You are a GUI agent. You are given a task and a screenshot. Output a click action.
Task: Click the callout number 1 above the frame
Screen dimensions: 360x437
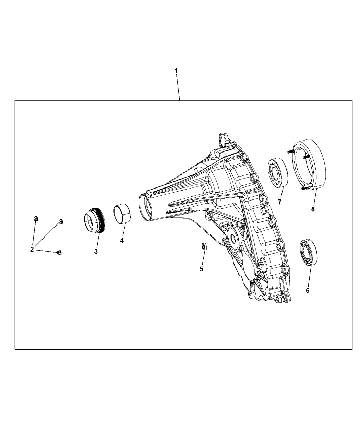(176, 70)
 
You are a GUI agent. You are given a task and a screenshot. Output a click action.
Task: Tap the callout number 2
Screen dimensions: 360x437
(32, 249)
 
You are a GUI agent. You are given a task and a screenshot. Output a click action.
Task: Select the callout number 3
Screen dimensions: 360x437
(96, 251)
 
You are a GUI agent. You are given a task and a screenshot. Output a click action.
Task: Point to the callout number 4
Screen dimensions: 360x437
(122, 241)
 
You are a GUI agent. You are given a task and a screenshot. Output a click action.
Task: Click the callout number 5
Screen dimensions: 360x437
(202, 269)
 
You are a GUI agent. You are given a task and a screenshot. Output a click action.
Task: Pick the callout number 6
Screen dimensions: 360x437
(308, 290)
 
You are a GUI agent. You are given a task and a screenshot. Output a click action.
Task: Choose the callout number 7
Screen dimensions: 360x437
(279, 202)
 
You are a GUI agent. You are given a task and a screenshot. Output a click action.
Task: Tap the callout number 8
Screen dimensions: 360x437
(313, 209)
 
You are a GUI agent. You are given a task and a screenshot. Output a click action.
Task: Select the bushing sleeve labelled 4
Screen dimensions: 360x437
(122, 214)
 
